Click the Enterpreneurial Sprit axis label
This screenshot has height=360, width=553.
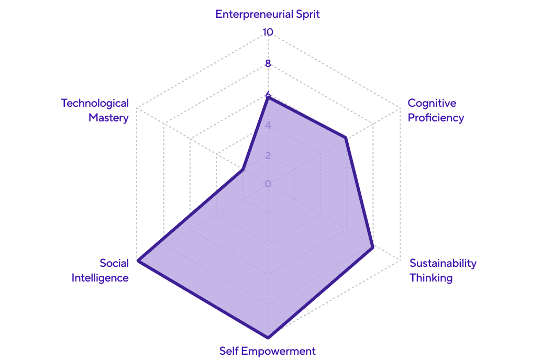268,14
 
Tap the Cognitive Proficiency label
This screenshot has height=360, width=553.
436,110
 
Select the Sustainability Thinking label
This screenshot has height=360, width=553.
443,270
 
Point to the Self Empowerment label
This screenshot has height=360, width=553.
268,351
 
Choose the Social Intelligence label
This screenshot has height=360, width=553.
100,270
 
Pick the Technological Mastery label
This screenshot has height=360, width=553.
95,110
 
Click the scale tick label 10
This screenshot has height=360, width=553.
268,32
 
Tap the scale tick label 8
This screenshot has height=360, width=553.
268,64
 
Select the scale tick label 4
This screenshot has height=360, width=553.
268,126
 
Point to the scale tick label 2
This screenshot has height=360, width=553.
268,155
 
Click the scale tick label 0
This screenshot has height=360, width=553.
268,184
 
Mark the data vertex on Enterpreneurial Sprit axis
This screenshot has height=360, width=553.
268,96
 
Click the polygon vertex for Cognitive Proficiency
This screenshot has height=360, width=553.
346,139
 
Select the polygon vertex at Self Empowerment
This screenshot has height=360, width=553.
268,336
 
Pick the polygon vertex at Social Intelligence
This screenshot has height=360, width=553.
138,260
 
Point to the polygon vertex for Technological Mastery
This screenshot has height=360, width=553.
242,170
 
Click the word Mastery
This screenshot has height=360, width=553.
108,118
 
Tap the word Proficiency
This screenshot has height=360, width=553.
436,118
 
